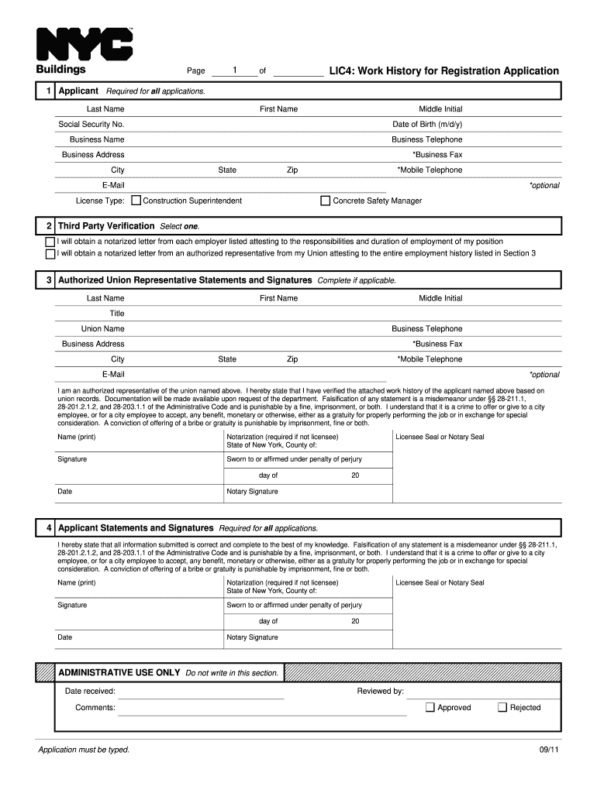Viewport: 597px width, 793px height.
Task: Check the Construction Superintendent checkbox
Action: pyautogui.click(x=136, y=201)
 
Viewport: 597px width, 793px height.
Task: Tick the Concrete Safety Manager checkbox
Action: pyautogui.click(x=326, y=201)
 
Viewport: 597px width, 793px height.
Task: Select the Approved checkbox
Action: pyautogui.click(x=430, y=707)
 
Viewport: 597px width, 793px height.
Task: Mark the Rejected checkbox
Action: pyautogui.click(x=502, y=707)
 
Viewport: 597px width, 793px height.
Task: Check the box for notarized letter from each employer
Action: pyautogui.click(x=50, y=242)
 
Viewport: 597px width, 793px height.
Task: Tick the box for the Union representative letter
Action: pyautogui.click(x=50, y=253)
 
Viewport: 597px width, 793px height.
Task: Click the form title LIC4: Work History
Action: pyautogui.click(x=443, y=71)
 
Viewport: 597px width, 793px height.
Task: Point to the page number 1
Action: pyautogui.click(x=235, y=70)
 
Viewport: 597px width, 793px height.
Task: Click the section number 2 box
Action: pyautogui.click(x=49, y=226)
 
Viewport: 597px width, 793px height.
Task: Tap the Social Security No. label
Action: pyautogui.click(x=91, y=125)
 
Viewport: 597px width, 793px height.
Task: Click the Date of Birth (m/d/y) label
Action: pyautogui.click(x=427, y=125)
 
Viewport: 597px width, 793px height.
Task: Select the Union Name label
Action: pyautogui.click(x=103, y=329)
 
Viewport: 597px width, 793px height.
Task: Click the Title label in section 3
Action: pyautogui.click(x=117, y=314)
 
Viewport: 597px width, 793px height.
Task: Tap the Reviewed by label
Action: pyautogui.click(x=380, y=692)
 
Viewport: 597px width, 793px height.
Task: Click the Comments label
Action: pyautogui.click(x=95, y=708)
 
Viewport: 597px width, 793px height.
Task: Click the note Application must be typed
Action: pyautogui.click(x=84, y=750)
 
